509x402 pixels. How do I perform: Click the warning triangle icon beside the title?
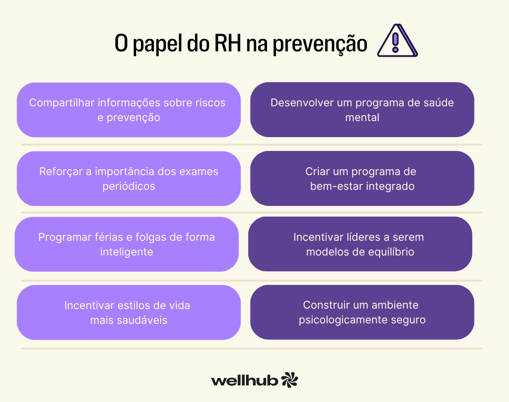tap(396, 42)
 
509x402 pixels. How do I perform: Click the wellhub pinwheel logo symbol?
tap(289, 380)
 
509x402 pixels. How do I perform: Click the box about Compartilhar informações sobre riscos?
tap(129, 110)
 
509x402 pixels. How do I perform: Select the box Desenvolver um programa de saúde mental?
tap(362, 110)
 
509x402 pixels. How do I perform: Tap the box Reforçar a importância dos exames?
tap(129, 179)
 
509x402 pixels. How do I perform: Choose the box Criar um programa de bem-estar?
tap(362, 179)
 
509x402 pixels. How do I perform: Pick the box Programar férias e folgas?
tap(127, 244)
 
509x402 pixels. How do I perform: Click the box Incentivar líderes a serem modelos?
tap(360, 244)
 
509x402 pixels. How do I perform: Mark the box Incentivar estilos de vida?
tap(129, 313)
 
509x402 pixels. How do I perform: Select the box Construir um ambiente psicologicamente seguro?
tap(362, 313)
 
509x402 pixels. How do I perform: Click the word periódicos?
tap(129, 186)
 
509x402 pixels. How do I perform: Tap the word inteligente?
tap(126, 252)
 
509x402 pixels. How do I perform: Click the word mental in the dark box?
tap(362, 117)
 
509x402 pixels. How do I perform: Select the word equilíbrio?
tap(390, 252)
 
